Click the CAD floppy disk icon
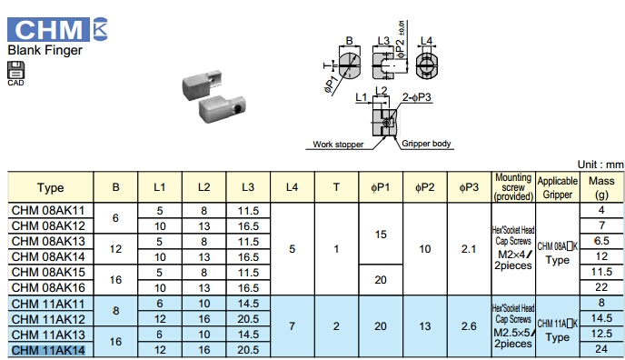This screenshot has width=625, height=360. [x=16, y=70]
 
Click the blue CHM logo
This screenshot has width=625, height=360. [x=48, y=29]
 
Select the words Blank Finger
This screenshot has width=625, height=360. [x=45, y=50]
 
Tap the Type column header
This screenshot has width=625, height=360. [x=51, y=187]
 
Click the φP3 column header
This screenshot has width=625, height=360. [x=469, y=187]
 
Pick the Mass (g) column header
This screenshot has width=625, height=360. [x=601, y=187]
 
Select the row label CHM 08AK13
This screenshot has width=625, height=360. [x=48, y=242]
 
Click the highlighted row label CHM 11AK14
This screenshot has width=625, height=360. [x=48, y=350]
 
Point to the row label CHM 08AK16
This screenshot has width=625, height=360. [x=48, y=287]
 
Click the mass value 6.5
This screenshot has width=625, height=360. [x=601, y=241]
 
